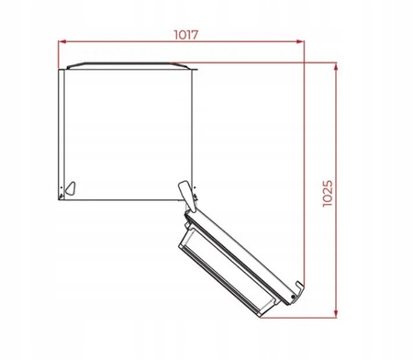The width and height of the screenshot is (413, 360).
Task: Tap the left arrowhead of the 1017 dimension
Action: (x=62, y=42)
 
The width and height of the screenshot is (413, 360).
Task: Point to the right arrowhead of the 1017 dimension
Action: (x=304, y=42)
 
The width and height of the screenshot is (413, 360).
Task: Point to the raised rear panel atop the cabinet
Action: (x=128, y=65)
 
